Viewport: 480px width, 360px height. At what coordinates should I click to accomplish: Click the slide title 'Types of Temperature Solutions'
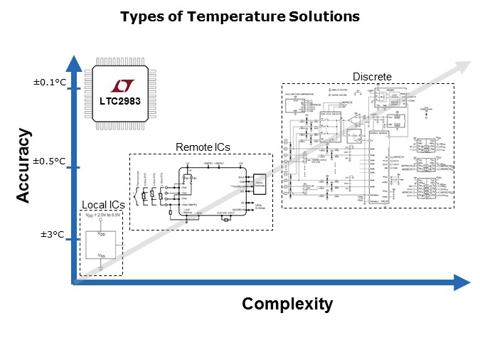pyautogui.click(x=240, y=16)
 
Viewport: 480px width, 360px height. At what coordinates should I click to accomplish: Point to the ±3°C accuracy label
pyautogui.click(x=53, y=233)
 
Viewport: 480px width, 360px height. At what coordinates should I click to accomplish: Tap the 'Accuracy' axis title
pyautogui.click(x=24, y=165)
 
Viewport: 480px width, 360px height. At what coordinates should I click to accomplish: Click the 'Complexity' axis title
pyautogui.click(x=287, y=305)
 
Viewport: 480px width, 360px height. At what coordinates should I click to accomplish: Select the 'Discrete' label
pyautogui.click(x=372, y=77)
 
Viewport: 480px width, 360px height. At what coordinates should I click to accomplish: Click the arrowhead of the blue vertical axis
pyautogui.click(x=71, y=63)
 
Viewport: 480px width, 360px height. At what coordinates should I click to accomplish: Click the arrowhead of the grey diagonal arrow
pyautogui.click(x=463, y=67)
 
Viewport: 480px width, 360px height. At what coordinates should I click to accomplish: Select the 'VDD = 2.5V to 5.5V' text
pyautogui.click(x=101, y=215)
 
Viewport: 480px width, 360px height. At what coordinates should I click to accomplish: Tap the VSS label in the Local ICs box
pyautogui.click(x=101, y=254)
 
